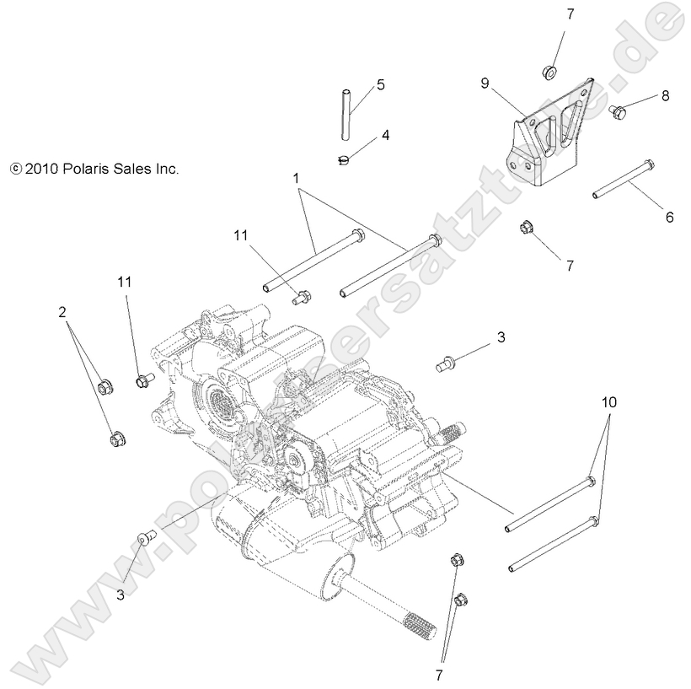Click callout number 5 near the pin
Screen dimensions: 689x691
point(381,84)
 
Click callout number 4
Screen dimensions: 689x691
point(385,135)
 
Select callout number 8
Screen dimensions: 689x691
point(665,96)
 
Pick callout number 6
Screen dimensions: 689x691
point(670,217)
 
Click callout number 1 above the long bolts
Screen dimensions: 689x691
point(296,179)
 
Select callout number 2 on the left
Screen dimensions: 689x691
point(62,312)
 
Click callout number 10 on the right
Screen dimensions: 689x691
point(609,402)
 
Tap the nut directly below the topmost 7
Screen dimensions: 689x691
point(548,73)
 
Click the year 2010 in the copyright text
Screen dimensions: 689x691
point(40,169)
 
